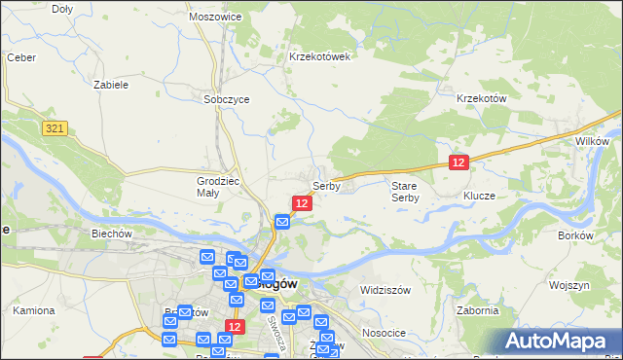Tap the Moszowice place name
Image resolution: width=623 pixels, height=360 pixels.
(x=215, y=18)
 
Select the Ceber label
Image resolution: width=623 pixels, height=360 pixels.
(x=21, y=57)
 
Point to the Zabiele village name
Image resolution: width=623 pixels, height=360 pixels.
(x=110, y=85)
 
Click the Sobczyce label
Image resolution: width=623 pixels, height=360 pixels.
(x=227, y=99)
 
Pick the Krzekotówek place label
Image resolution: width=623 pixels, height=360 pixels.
(x=319, y=56)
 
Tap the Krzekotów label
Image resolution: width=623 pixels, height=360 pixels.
(x=482, y=98)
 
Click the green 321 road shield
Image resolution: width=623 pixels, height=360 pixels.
(x=55, y=128)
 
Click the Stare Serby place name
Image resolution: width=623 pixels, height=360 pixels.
(x=405, y=191)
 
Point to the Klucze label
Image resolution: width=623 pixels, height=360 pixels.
(x=479, y=196)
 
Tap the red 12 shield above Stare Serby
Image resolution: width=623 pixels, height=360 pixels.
(x=459, y=162)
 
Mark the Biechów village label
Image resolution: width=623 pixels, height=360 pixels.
(x=111, y=234)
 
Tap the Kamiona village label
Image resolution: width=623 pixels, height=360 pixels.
(x=33, y=311)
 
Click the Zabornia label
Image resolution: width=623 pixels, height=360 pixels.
(x=477, y=311)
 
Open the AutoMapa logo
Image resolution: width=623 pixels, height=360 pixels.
(x=559, y=342)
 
